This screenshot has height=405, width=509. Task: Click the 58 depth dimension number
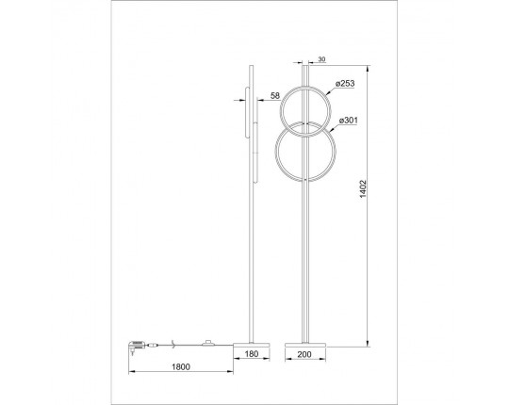coord(274,96)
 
